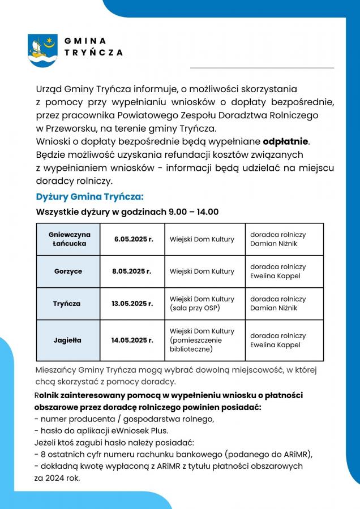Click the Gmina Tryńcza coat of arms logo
[x=42, y=50]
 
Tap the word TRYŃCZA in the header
[x=93, y=52]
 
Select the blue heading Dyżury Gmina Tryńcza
[x=90, y=197]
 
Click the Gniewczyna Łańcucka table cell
[x=70, y=239]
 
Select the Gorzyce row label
[x=68, y=271]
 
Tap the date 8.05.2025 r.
[x=132, y=271]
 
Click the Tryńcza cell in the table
[x=67, y=304]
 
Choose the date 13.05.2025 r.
[x=132, y=304]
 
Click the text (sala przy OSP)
[x=195, y=308]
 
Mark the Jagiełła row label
[x=67, y=340]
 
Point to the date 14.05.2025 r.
[x=132, y=340]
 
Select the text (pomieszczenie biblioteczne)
[x=196, y=345]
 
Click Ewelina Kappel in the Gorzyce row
[x=275, y=276]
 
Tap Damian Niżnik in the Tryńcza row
[x=273, y=308]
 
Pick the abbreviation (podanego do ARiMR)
[x=268, y=454]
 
